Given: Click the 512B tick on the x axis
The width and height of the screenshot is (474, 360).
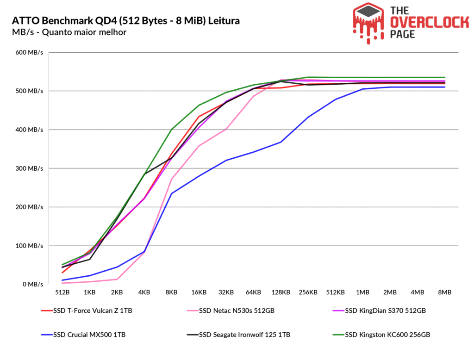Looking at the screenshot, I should (62, 292).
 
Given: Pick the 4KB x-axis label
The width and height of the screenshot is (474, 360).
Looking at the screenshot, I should (144, 292).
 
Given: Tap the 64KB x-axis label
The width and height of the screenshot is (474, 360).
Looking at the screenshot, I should (253, 292).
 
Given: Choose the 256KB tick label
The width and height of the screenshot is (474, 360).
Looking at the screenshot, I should (308, 292).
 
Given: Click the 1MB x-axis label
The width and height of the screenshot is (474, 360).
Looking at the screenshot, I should (362, 292).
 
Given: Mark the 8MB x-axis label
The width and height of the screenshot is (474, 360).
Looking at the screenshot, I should (444, 292).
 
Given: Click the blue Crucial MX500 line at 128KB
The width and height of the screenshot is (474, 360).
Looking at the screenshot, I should (281, 142).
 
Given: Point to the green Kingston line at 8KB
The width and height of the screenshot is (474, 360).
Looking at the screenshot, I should (171, 130).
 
